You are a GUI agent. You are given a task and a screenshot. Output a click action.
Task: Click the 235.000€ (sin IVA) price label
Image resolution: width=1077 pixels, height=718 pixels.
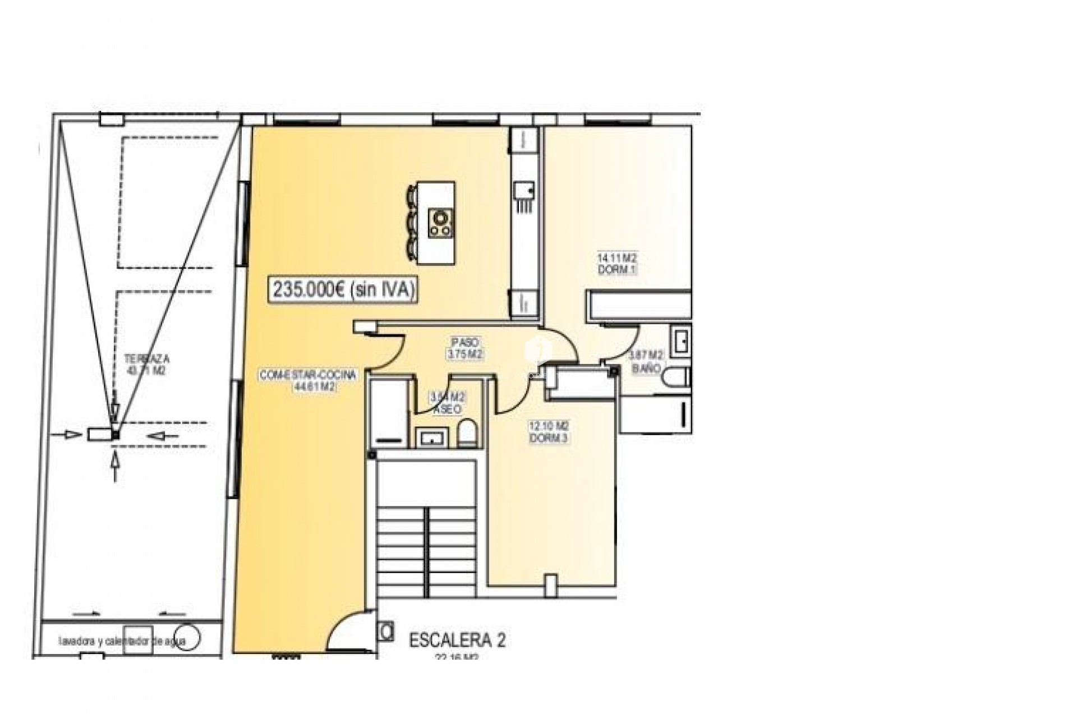(x=344, y=289)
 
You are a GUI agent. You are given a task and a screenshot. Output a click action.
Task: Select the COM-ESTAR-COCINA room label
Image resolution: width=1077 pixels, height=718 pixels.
(x=307, y=375)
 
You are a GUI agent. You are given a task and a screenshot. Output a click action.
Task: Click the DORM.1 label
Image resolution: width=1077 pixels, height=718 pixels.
(x=617, y=270)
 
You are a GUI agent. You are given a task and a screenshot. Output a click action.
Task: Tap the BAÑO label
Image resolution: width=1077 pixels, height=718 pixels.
(x=646, y=369)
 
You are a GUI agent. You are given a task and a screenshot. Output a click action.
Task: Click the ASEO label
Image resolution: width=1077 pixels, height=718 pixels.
(x=447, y=410)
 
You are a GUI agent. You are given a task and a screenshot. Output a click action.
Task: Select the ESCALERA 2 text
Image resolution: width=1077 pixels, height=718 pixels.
(x=457, y=640)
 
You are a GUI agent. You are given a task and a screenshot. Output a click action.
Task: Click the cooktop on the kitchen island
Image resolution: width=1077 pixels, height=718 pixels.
(x=440, y=223)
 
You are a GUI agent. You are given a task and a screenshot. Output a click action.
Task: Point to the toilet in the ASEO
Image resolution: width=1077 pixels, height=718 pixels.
(x=467, y=434)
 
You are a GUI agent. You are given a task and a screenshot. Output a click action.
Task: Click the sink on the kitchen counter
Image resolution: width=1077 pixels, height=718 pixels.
(x=524, y=191)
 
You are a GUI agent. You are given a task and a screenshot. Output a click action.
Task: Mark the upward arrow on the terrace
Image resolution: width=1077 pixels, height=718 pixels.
(x=116, y=466)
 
